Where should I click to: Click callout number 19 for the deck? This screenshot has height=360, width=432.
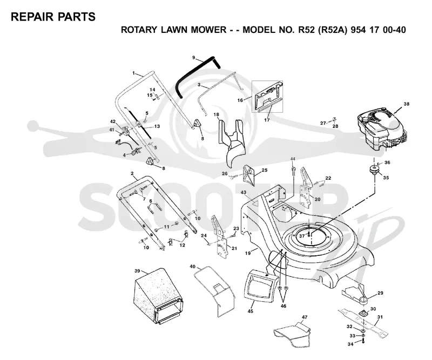click(248, 253)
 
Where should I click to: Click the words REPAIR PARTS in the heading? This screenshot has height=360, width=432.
click(53, 17)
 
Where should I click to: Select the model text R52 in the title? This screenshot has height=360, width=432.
click(306, 30)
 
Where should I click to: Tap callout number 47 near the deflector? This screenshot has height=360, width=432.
click(305, 317)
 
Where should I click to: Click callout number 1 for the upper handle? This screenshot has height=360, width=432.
click(133, 73)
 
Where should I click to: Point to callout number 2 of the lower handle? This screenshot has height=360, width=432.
click(132, 174)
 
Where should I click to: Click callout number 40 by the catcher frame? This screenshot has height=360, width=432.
click(193, 267)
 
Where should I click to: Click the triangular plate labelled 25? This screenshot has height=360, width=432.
click(249, 174)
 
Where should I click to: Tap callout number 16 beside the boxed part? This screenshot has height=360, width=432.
click(240, 100)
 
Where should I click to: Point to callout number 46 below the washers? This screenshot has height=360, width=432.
click(283, 306)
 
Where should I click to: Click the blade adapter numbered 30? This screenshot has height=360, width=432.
click(363, 313)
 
